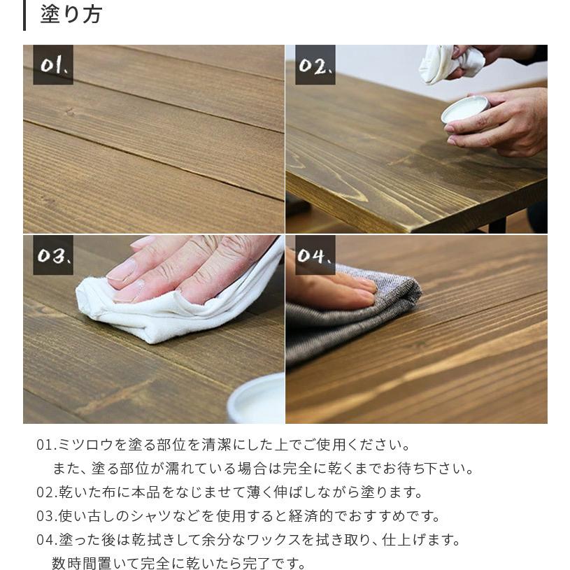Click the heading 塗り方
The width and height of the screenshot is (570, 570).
click(71, 15)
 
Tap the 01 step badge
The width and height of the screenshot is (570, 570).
click(53, 65)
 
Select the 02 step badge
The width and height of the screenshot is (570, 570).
click(315, 65)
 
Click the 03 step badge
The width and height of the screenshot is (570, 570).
click(53, 255)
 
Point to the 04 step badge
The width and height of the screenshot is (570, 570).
click(315, 255)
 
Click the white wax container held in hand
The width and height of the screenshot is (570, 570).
click(465, 109)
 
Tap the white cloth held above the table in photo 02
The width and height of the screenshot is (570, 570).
click(448, 63)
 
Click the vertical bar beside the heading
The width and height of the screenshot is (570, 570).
click(24, 15)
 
